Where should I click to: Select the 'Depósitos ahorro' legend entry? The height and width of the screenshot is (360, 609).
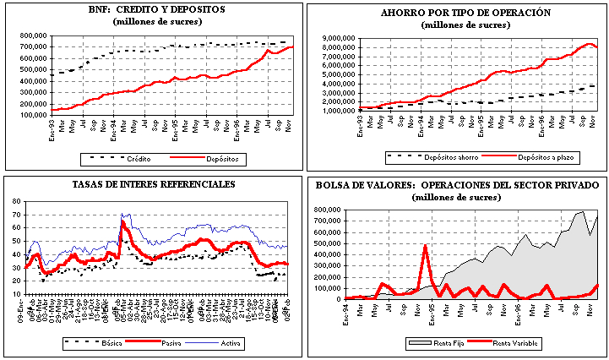[x=442, y=156]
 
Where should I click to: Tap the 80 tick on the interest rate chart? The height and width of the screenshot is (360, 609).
[x=16, y=201]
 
